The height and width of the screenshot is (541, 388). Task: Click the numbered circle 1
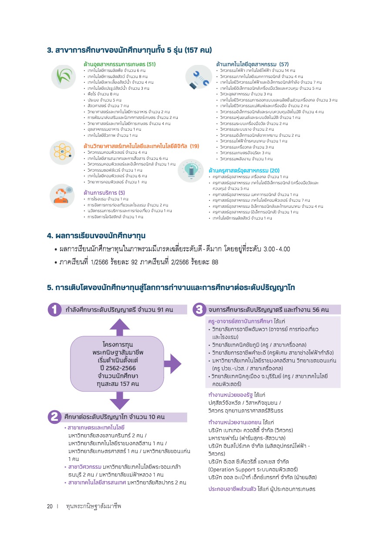tap(55, 310)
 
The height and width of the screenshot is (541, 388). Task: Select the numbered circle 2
tap(55, 416)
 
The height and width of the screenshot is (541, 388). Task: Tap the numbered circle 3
tap(199, 310)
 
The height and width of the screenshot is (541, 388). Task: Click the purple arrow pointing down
tap(117, 400)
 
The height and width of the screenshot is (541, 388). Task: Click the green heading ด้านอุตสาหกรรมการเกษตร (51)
tap(120, 64)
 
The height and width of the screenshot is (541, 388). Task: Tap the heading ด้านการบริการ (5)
tap(104, 192)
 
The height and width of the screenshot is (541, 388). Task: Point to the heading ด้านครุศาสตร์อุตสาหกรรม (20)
tap(244, 170)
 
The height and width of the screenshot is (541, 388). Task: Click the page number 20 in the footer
tap(50, 507)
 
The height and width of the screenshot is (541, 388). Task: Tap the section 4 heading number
tap(50, 236)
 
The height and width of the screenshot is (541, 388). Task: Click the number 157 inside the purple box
tap(125, 384)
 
